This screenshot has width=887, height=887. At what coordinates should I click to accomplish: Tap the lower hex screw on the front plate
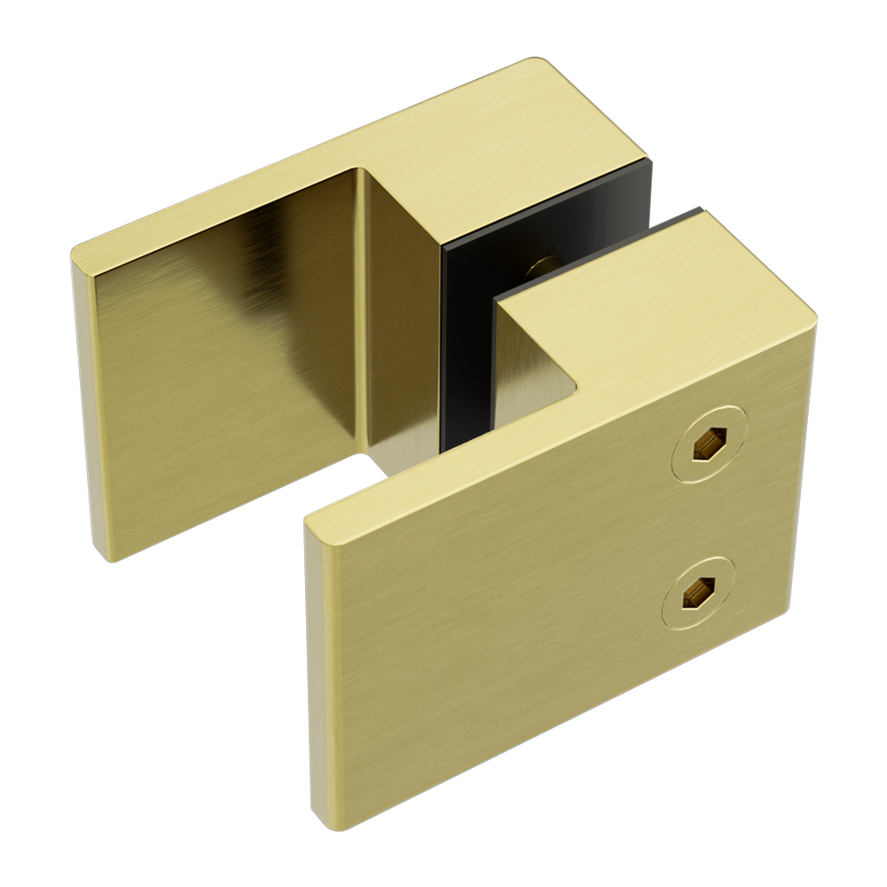tap(695, 591)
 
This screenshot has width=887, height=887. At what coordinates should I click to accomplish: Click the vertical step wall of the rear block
tap(404, 310)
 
